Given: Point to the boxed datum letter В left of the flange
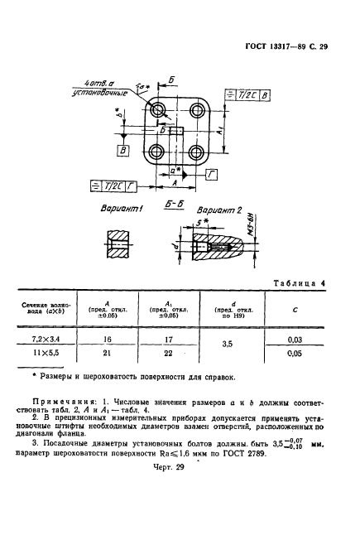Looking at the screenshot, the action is point(122,151).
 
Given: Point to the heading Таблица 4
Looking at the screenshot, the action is point(299,284).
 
